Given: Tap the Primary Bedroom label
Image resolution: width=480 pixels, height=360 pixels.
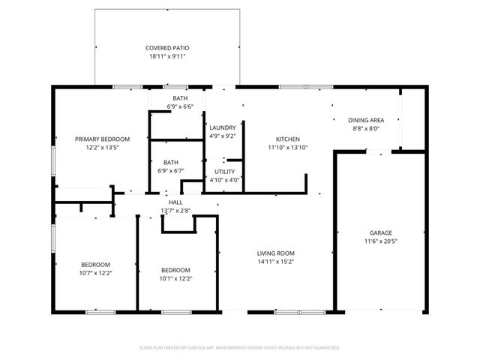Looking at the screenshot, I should click(102, 139).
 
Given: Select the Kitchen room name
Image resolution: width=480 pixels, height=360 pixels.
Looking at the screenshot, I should click(288, 139).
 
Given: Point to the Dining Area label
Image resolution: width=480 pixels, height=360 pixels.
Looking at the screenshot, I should click(366, 120).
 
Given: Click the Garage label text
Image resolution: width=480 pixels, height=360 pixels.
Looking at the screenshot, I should click(380, 233).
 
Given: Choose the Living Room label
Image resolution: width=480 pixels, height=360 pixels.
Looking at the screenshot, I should click(276, 253).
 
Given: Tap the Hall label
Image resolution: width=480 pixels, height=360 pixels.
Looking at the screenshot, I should click(175, 202).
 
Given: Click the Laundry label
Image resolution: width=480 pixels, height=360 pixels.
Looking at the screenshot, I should click(223, 128).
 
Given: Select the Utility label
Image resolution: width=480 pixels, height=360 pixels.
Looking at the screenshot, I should click(225, 172).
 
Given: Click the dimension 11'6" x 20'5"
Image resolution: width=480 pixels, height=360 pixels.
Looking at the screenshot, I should click(380, 241).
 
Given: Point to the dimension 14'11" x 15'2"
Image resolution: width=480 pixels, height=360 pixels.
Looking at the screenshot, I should click(276, 262).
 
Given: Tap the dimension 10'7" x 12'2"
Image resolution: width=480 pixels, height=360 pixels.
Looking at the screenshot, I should click(96, 273).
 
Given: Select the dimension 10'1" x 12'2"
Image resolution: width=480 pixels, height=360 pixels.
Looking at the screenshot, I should click(175, 278).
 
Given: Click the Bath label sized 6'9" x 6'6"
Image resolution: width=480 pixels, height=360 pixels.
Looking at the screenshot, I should click(180, 98).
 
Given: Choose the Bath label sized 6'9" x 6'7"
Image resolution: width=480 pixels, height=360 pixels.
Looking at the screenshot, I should click(171, 162).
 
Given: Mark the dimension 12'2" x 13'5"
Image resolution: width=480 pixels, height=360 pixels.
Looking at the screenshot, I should click(102, 148).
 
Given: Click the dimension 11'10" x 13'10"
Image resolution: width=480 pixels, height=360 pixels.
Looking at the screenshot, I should click(288, 148).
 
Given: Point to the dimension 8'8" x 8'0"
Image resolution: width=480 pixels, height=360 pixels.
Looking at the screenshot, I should click(366, 128).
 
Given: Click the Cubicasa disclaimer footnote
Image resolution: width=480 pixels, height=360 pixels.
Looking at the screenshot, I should click(240, 348).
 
